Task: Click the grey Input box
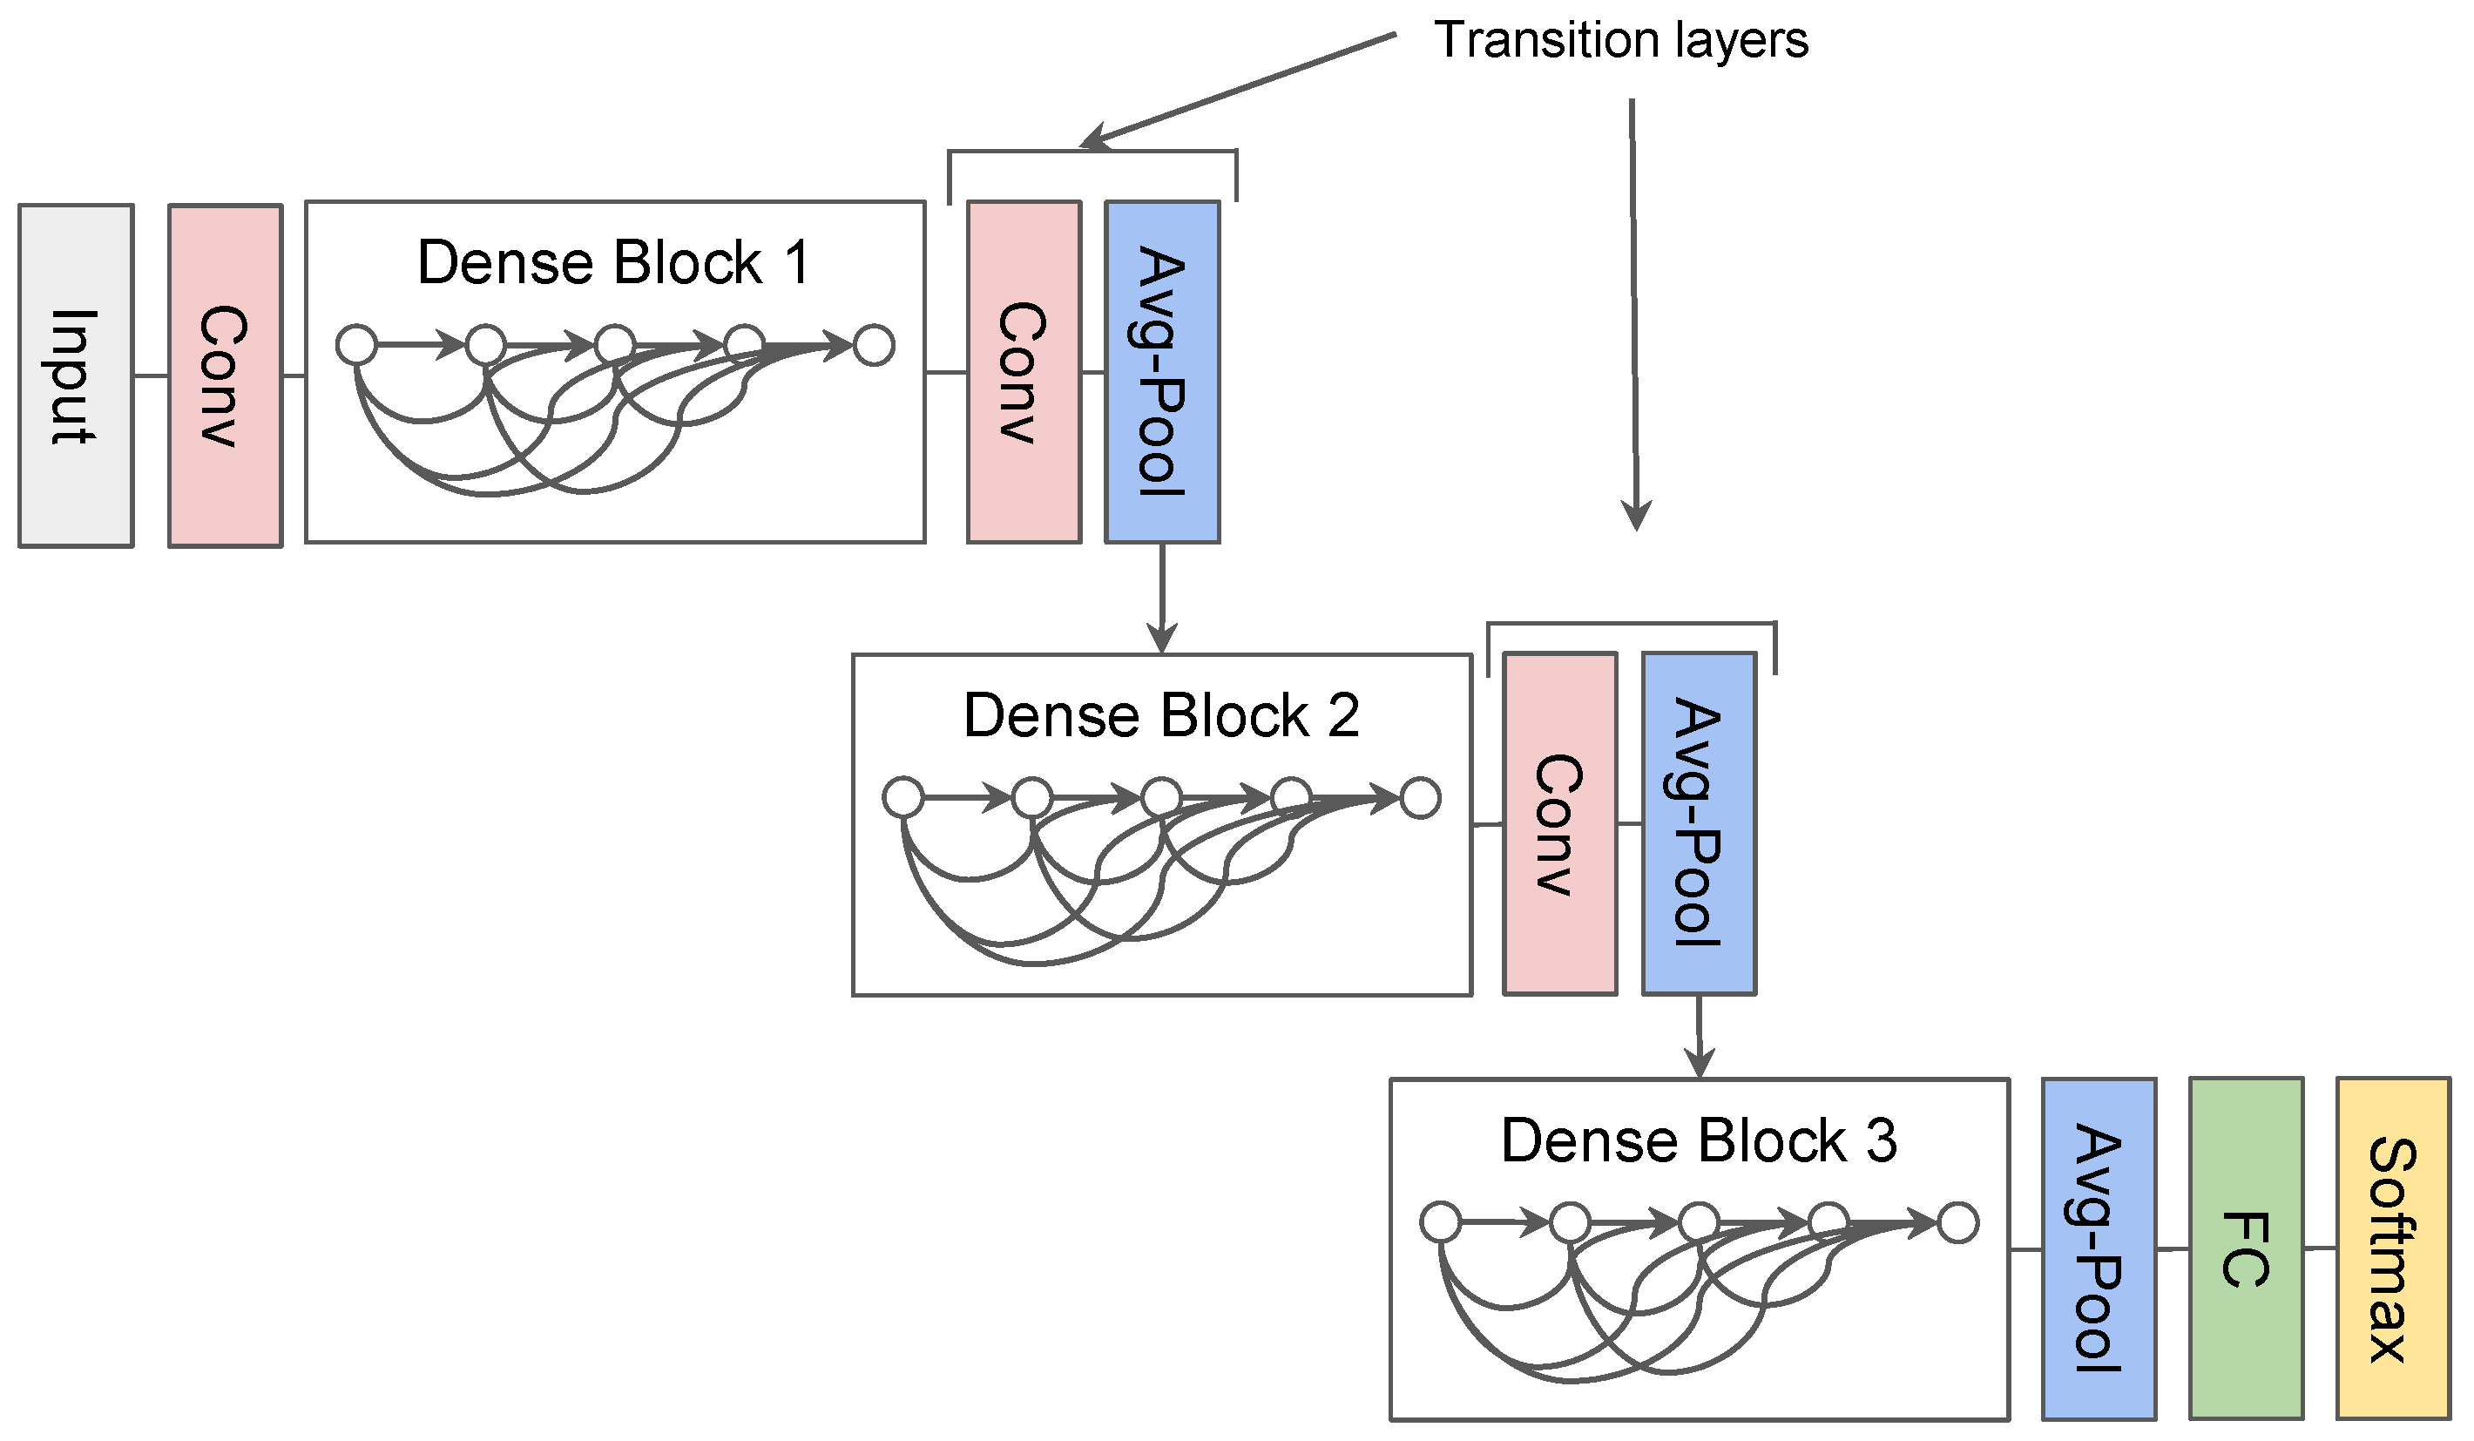coord(76,376)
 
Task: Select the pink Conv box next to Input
coord(225,376)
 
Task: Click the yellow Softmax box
coord(2392,1248)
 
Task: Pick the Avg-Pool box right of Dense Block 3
coord(2099,1248)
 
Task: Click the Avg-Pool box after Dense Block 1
coord(1162,372)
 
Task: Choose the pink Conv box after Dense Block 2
coord(1560,823)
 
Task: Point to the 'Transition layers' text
coord(1621,41)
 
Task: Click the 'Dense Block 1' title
coord(613,263)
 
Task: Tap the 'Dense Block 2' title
coord(1161,715)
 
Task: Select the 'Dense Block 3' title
coord(1700,1140)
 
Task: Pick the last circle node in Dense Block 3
coord(1958,1223)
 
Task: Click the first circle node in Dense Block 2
coord(903,797)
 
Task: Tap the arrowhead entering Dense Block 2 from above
coord(1162,638)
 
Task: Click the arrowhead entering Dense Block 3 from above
coord(1700,1062)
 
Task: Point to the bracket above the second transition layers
coord(1632,622)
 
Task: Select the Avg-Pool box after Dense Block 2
coord(1700,823)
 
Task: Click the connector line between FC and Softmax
coord(2320,1248)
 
